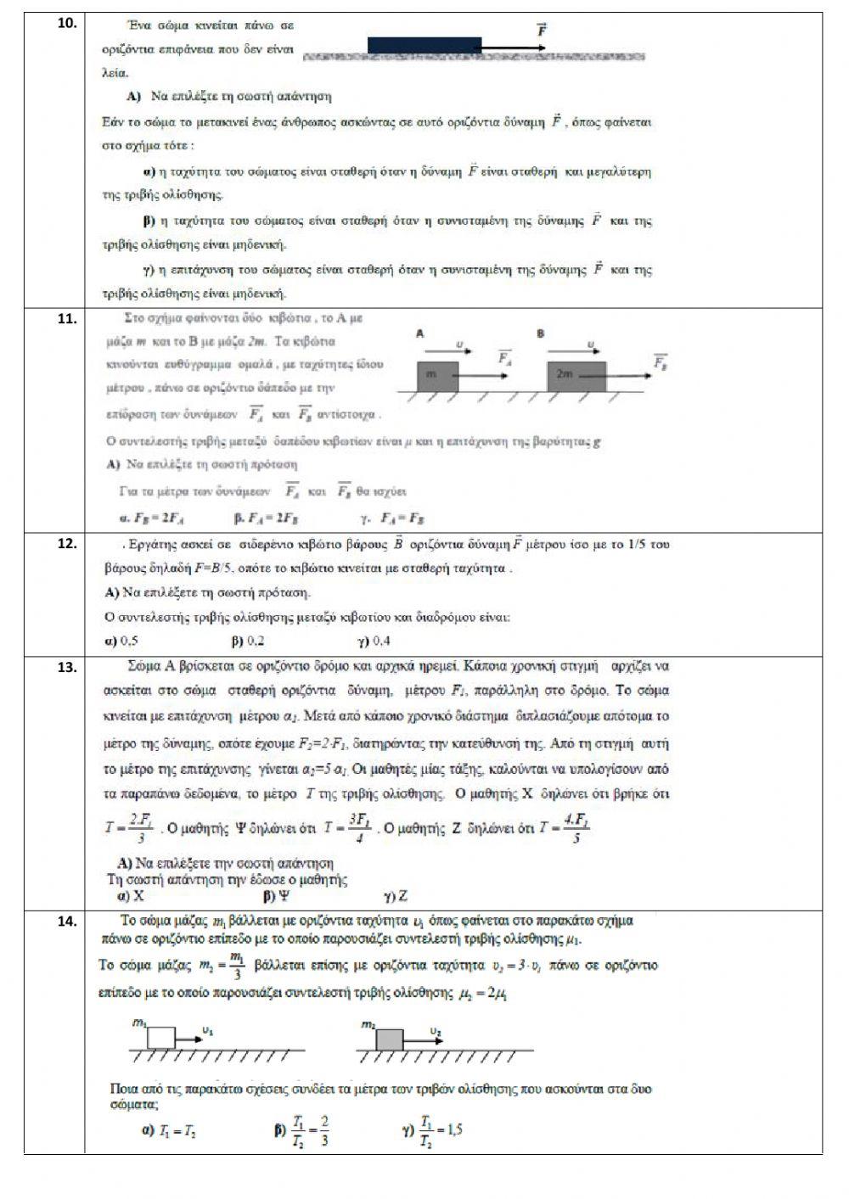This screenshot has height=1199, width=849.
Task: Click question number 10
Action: (67, 23)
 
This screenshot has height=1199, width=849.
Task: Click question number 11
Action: (67, 319)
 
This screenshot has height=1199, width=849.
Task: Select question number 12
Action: (67, 543)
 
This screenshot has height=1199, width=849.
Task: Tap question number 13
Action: (67, 667)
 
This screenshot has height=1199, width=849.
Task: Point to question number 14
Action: (67, 921)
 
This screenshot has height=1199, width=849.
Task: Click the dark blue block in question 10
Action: (424, 45)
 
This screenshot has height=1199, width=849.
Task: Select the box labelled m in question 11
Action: (437, 376)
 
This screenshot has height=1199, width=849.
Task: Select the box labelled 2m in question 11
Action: (576, 376)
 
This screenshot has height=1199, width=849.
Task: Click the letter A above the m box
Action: (419, 334)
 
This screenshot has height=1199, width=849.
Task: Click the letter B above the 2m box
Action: (540, 334)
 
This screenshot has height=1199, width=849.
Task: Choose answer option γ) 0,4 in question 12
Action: (374, 642)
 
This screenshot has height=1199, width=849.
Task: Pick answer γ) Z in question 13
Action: (396, 896)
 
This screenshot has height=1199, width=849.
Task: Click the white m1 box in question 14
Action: (160, 1038)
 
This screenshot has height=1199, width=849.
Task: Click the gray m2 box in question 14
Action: (390, 1039)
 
